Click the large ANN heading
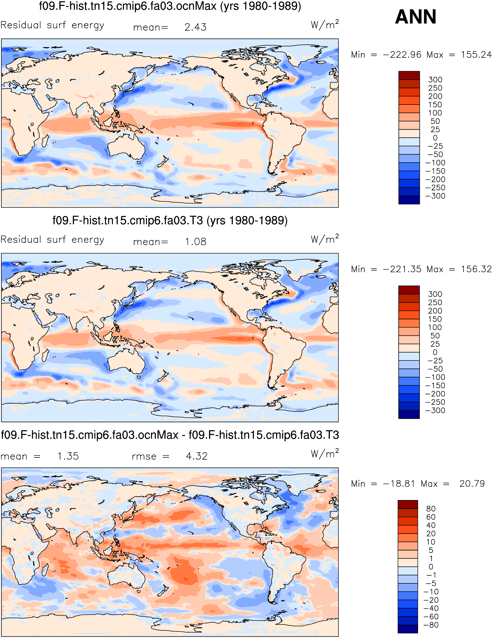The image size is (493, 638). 416,17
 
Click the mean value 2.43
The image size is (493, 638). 195,27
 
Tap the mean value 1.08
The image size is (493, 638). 195,242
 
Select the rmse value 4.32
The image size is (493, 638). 197,456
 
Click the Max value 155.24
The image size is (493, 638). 476,55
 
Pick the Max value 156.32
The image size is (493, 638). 476,269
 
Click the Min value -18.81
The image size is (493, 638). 399,484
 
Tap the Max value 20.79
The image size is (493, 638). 472,484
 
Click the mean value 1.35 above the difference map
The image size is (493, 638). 68,456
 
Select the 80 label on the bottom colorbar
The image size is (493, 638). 431,509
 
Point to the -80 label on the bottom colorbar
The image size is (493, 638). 431,625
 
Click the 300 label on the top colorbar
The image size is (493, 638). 435,80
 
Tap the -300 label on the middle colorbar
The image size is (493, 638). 435,410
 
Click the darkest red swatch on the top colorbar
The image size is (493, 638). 409,75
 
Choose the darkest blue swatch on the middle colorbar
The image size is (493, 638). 409,414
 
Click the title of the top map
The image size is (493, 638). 170,6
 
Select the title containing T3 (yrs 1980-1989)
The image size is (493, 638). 170,221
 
